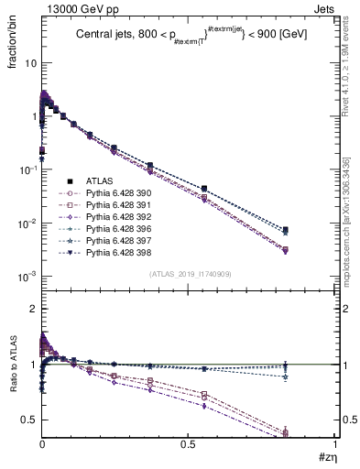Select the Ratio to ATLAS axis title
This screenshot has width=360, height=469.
(x=12, y=372)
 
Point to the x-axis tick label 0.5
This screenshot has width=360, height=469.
(x=189, y=442)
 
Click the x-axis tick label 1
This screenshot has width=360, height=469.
(x=335, y=442)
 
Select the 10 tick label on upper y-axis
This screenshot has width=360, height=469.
(x=29, y=64)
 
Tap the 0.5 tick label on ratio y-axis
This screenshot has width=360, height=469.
(x=29, y=420)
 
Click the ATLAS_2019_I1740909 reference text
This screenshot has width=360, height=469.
(x=189, y=275)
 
